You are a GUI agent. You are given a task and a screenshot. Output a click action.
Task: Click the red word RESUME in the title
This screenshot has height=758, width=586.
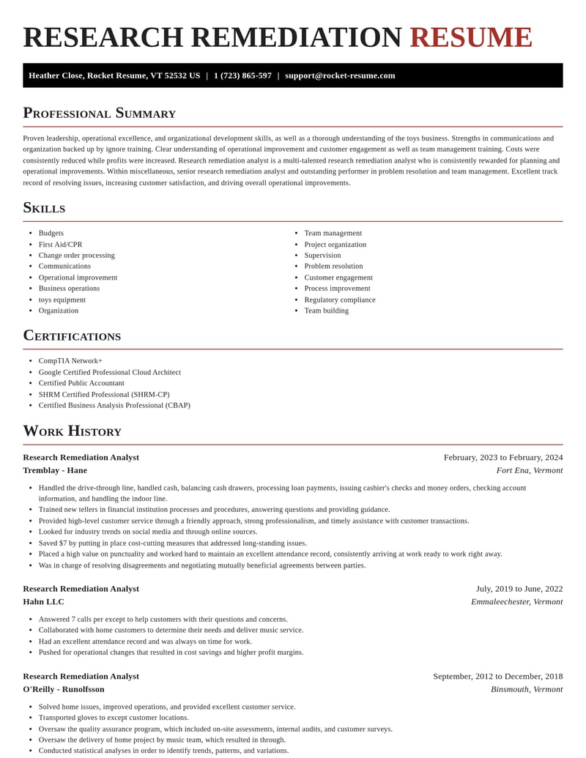[x=470, y=37]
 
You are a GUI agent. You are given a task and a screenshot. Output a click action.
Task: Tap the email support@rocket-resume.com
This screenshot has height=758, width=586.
[x=340, y=75]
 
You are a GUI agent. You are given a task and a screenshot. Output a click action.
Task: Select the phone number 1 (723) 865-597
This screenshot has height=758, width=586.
[x=242, y=75]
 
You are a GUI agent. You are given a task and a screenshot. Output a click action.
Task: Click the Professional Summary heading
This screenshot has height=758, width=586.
[x=99, y=113]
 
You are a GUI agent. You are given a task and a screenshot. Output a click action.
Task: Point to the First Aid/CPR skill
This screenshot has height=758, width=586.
[x=60, y=245]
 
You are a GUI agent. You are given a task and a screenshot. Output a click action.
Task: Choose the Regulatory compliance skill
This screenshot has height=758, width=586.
[x=339, y=300]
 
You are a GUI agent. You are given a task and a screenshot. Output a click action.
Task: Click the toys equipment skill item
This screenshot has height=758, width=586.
[x=62, y=300]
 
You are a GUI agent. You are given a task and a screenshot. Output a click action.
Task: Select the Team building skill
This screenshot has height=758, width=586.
[x=326, y=311]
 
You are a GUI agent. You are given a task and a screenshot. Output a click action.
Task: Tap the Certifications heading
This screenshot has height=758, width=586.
[x=72, y=335]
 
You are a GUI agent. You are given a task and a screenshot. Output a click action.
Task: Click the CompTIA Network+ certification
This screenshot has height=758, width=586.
[x=70, y=361]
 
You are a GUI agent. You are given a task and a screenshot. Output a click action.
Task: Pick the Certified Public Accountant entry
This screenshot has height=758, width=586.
[x=81, y=383]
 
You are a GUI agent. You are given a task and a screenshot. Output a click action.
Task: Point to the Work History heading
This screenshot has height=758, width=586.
[x=72, y=431]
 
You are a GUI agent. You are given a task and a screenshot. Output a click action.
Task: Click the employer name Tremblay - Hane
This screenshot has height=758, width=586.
[x=55, y=470]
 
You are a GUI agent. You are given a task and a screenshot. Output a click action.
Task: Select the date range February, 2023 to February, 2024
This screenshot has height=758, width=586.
[x=503, y=458]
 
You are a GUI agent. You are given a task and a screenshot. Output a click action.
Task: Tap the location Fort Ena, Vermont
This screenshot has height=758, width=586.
[x=529, y=470]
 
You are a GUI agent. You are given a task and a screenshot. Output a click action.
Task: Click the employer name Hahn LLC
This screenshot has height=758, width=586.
[x=43, y=602]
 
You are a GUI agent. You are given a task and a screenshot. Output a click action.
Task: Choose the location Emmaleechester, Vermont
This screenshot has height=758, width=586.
[x=516, y=602]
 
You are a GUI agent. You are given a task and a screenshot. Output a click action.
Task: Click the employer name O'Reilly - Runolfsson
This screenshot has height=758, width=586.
[x=64, y=689]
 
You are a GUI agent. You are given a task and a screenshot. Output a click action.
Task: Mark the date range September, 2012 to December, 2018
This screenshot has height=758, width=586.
[x=498, y=677]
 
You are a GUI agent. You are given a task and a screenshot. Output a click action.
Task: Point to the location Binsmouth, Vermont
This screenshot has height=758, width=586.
[x=527, y=689]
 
